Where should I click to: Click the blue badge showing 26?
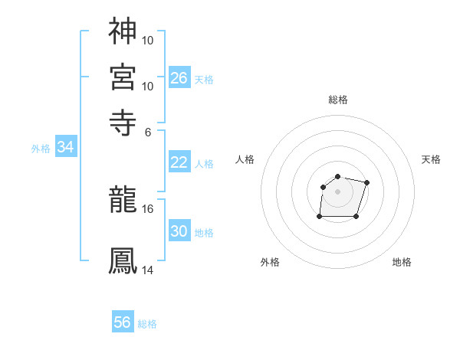(x=179, y=77)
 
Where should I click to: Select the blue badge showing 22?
(x=179, y=162)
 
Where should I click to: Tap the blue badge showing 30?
(x=179, y=231)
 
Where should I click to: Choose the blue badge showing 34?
(x=66, y=147)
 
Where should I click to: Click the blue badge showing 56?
(x=123, y=322)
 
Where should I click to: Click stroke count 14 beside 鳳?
(x=147, y=270)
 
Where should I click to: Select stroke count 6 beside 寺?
(x=149, y=131)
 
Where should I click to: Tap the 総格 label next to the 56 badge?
(x=147, y=324)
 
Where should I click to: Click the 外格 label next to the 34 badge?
(x=41, y=149)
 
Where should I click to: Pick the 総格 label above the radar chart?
(x=337, y=100)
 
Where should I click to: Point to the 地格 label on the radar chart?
(x=402, y=262)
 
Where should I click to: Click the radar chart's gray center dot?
(x=337, y=191)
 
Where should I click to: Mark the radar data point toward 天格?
(x=366, y=182)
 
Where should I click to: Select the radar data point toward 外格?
(x=320, y=217)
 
